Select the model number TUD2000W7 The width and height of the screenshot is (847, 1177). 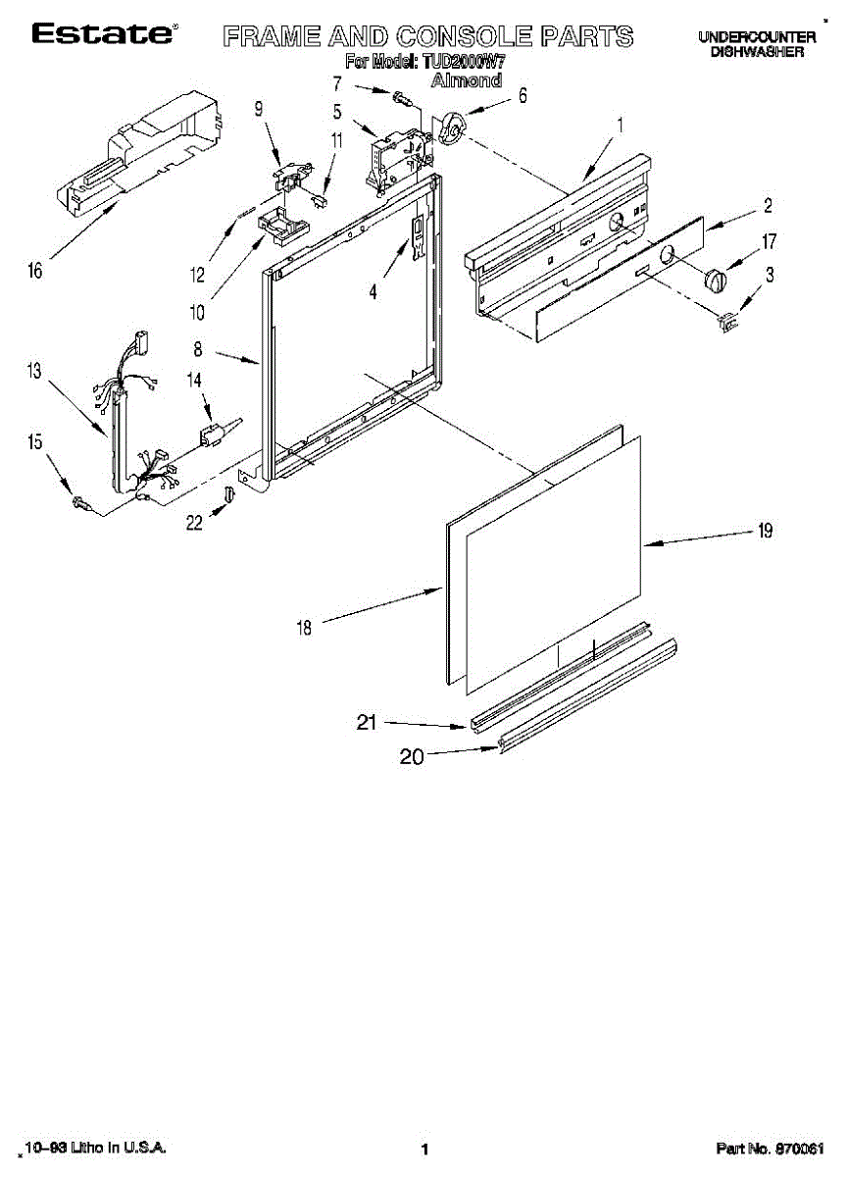(463, 62)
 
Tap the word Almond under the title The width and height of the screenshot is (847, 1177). (467, 80)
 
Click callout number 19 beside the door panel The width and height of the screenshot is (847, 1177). (765, 531)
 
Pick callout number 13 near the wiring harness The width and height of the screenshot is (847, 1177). (35, 371)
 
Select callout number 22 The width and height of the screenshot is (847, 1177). (195, 524)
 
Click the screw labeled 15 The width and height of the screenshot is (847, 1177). (81, 503)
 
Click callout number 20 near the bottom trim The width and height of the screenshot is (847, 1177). (412, 757)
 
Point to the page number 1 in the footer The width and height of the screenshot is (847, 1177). (424, 1149)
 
